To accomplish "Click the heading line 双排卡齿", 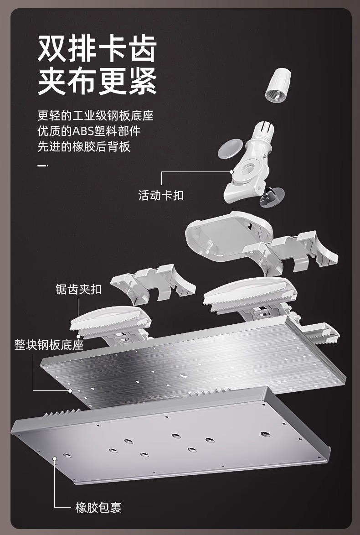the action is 97,49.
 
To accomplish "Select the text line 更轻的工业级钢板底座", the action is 95,116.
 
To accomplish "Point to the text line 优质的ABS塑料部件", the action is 89,131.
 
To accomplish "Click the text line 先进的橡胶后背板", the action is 84,147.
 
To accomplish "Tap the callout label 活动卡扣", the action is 161,195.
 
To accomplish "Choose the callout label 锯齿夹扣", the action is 78,289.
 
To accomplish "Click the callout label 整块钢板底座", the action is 49,344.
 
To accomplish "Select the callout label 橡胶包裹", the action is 98,508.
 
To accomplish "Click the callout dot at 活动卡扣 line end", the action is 231,172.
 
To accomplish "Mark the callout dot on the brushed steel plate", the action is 70,390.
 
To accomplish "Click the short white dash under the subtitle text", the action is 42,166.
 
